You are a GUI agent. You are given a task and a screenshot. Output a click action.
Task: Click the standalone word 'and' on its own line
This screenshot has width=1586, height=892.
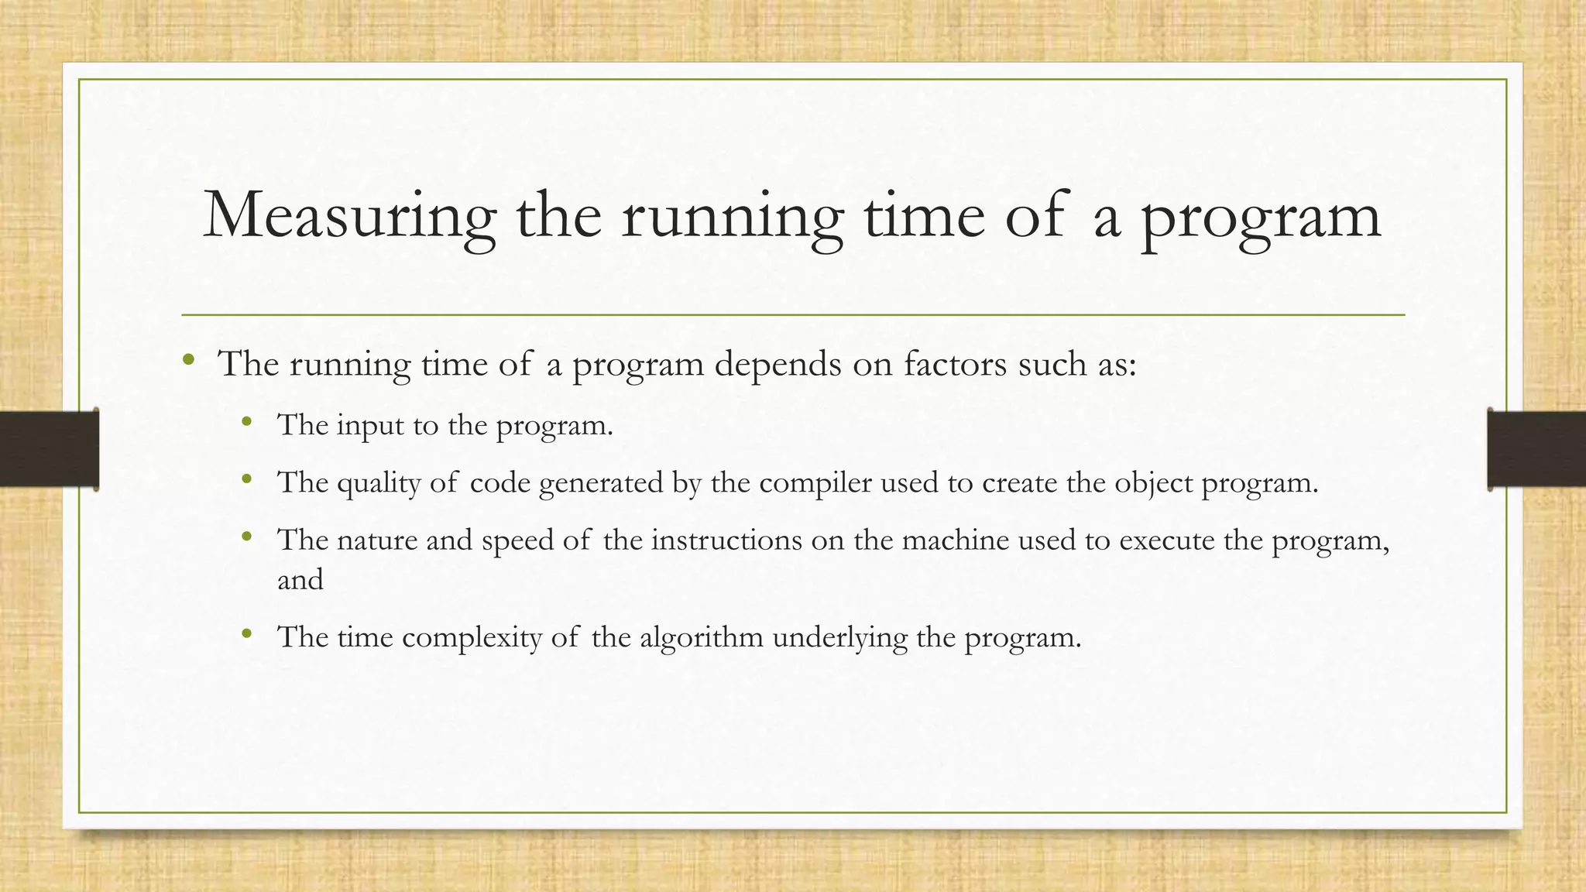(300, 580)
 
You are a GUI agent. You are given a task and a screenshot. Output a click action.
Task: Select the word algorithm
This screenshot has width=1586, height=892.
(701, 639)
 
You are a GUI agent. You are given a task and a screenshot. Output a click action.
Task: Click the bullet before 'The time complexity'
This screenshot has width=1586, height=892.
(247, 634)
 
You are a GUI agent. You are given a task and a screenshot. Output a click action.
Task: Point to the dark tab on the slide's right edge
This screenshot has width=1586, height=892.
(1536, 449)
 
